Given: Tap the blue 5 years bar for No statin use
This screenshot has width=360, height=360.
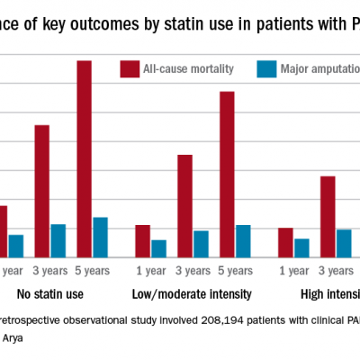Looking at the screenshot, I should pyautogui.click(x=100, y=237).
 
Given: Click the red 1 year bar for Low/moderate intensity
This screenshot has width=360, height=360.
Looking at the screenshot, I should pyautogui.click(x=142, y=240).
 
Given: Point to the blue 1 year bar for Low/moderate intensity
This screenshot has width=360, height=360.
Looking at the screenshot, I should pyautogui.click(x=158, y=247).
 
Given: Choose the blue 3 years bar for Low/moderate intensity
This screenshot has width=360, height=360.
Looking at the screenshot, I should pyautogui.click(x=201, y=243).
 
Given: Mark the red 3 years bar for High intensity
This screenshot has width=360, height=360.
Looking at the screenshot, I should pyautogui.click(x=328, y=216).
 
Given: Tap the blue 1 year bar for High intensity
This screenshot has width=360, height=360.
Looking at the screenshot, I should pyautogui.click(x=301, y=247).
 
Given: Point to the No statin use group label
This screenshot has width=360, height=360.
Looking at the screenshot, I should pyautogui.click(x=50, y=293).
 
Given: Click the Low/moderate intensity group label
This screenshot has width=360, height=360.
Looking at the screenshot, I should pyautogui.click(x=192, y=293).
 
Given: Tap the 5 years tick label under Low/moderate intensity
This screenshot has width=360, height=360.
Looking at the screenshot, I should pyautogui.click(x=235, y=270).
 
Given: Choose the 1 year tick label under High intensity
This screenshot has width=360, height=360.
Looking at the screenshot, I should pyautogui.click(x=294, y=270).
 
